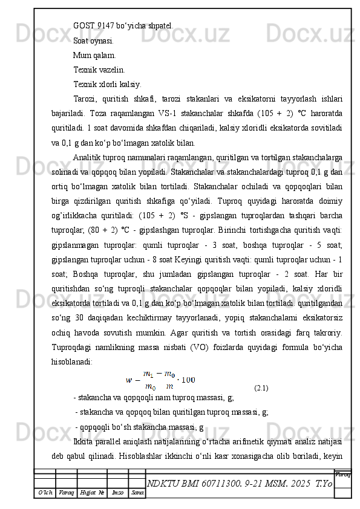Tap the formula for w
point(161,379)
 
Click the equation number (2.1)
point(262,387)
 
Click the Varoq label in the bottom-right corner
point(342,475)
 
